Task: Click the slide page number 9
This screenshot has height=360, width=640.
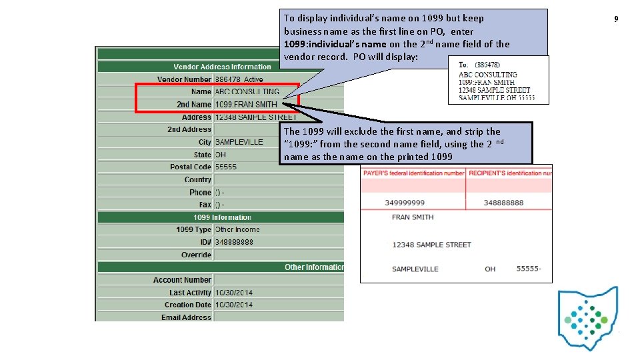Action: tap(616, 19)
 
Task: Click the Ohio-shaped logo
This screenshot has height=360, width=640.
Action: tap(588, 317)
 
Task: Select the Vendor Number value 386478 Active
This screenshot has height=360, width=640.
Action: tap(239, 79)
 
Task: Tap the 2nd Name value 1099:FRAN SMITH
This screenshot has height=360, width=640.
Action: tap(246, 105)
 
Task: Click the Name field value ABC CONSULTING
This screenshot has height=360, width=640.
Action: tap(247, 92)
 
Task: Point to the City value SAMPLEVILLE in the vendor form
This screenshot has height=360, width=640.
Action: tap(239, 142)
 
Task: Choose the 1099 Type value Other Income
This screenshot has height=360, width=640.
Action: tap(237, 229)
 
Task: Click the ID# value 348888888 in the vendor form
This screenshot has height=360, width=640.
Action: tap(234, 242)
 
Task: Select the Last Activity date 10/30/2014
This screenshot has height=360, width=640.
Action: tap(233, 293)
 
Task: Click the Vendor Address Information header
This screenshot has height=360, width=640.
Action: tap(222, 67)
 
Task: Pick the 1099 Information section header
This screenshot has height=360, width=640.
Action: tap(222, 217)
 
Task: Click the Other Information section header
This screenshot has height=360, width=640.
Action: tap(314, 267)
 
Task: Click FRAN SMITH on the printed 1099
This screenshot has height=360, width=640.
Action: tap(413, 217)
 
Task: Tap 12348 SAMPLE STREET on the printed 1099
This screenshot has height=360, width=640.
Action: tap(431, 245)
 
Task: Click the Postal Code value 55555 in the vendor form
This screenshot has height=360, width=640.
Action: tap(227, 167)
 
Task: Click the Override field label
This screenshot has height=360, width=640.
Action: tap(196, 255)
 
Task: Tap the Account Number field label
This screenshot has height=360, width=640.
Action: tap(182, 280)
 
